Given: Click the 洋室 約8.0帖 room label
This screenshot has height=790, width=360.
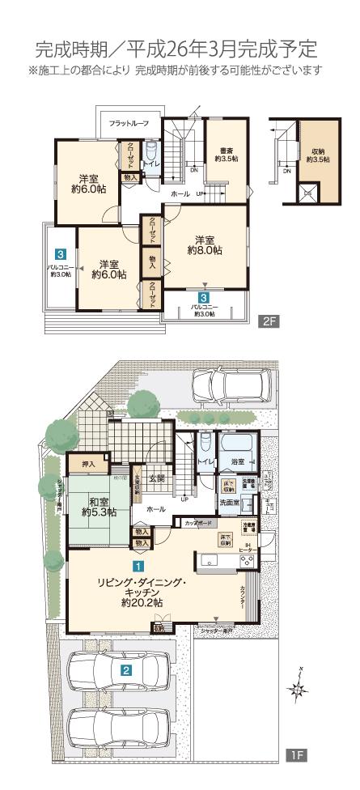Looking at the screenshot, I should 205,245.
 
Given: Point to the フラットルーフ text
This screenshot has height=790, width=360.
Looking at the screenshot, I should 129,123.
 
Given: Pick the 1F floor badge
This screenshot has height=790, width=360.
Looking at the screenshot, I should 296,754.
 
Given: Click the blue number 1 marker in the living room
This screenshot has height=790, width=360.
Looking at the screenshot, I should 138,567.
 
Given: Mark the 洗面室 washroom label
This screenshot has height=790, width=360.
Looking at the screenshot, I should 230,503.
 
